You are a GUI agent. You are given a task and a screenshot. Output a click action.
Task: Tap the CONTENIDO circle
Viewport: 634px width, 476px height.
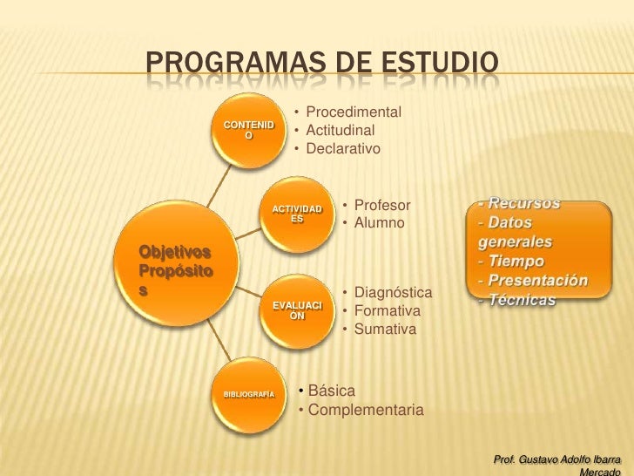click(x=249, y=132)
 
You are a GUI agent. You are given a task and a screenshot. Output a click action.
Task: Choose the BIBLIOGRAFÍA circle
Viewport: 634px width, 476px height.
click(x=249, y=395)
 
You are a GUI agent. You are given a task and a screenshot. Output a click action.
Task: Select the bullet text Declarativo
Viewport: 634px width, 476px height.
click(x=344, y=149)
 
